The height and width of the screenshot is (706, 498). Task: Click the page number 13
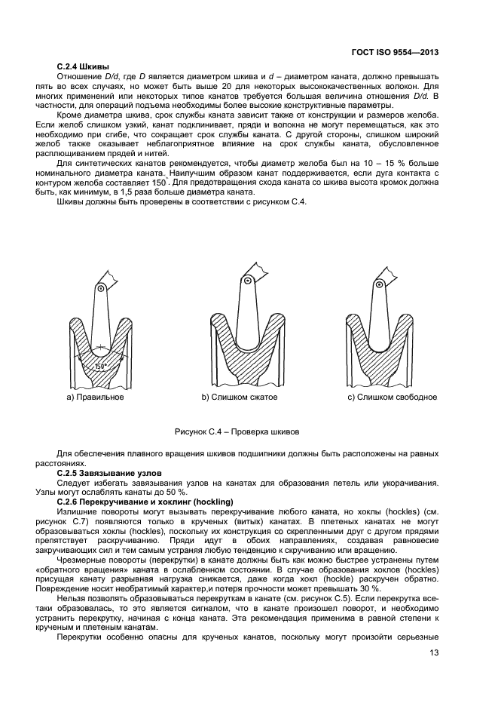coord(434,653)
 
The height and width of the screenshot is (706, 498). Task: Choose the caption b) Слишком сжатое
coord(240,397)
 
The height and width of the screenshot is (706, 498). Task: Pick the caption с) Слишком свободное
coord(392,397)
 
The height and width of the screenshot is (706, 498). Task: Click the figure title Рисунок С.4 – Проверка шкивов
coord(237,433)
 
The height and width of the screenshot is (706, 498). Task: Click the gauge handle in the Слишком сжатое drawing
coord(246,302)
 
